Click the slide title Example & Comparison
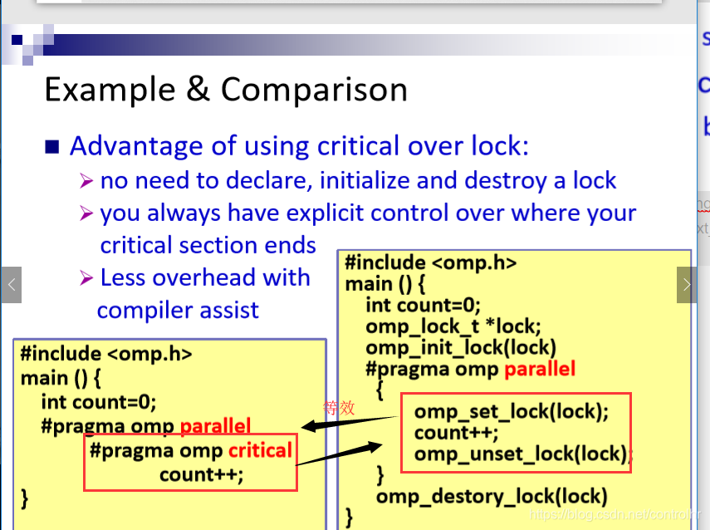pos(225,89)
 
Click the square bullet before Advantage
pos(52,147)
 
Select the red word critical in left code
pos(260,450)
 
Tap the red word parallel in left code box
pos(215,427)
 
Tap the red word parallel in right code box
pos(539,368)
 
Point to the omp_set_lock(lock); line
pos(511,411)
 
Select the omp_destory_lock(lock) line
pos(492,497)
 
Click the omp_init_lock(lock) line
pos(461,347)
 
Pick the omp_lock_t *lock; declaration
pos(453,326)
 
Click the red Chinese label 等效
pos(339,408)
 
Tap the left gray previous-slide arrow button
pos(11,285)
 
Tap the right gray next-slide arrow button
pos(687,285)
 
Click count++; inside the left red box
pos(202,474)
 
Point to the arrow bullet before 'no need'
pos(86,181)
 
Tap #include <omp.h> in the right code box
pos(431,263)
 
